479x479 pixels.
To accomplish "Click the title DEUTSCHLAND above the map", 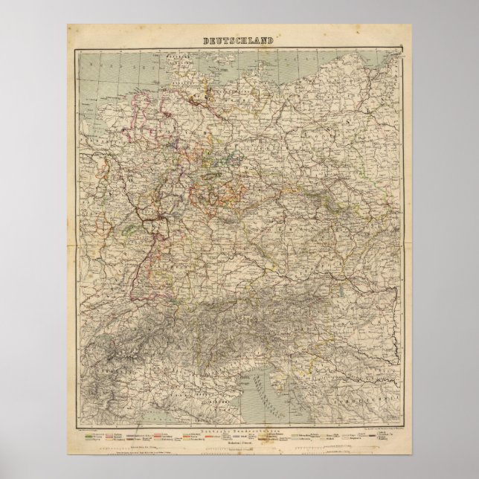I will [239, 42].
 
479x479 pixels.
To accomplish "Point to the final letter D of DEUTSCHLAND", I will [272, 42].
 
